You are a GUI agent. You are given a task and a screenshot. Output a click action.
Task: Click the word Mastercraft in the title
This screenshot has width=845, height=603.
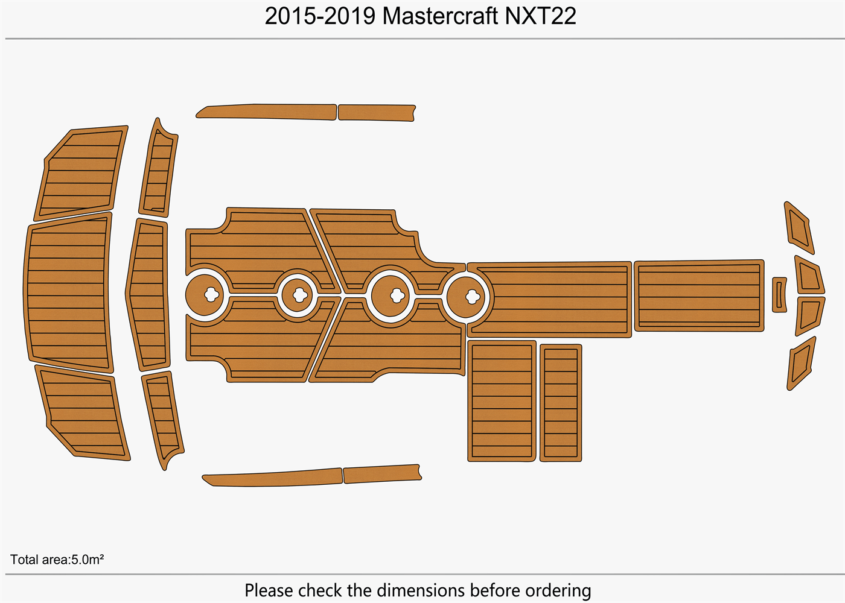(440, 16)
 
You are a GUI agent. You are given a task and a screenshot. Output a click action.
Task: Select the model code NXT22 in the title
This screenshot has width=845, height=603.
(540, 16)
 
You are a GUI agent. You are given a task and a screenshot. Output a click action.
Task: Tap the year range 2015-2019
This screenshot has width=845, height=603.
(320, 16)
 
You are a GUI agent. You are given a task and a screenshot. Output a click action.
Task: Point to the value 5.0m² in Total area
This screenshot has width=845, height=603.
(88, 560)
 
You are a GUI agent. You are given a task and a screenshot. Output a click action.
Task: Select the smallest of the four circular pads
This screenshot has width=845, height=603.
(298, 294)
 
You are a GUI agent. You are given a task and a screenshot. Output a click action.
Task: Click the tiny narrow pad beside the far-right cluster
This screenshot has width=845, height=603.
(779, 295)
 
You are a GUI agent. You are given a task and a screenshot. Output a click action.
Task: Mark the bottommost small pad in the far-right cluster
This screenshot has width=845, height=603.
(801, 364)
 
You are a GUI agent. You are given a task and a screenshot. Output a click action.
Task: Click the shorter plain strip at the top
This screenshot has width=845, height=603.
(376, 113)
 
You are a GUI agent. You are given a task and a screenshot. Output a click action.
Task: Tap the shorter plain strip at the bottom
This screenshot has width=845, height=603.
(381, 473)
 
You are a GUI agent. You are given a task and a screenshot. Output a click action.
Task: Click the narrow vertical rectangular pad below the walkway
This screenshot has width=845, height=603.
(561, 403)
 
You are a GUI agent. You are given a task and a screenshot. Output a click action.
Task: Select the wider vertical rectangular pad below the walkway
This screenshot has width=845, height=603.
(502, 401)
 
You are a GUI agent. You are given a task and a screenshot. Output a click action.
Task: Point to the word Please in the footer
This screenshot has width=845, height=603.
(269, 590)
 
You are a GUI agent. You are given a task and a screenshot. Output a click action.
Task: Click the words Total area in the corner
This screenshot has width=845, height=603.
(40, 560)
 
